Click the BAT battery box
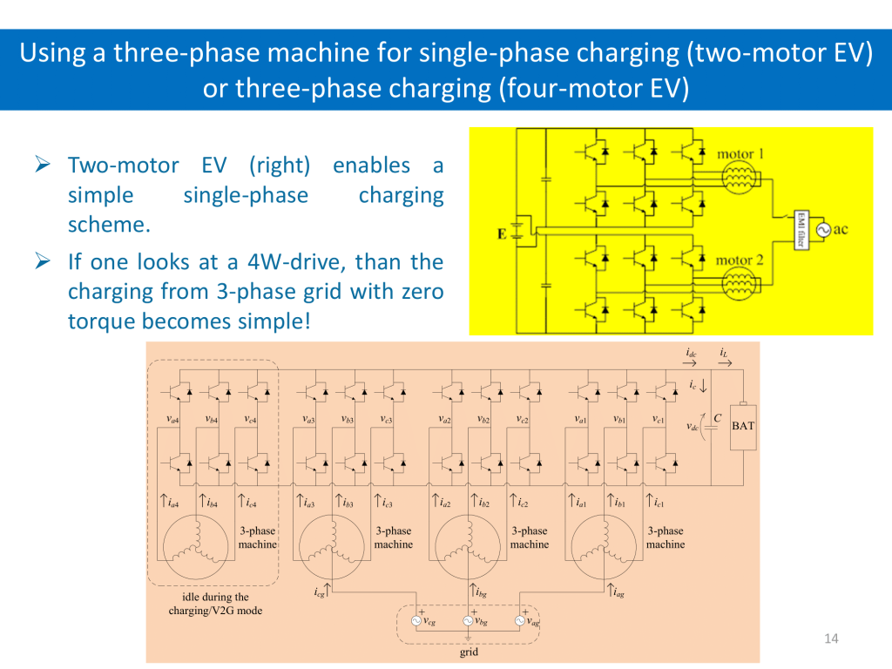(743, 426)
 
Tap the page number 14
(830, 640)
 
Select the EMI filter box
(798, 229)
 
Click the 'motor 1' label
(740, 154)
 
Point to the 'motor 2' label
(740, 260)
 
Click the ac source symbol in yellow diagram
(823, 229)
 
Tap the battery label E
(502, 233)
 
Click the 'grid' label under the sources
(469, 652)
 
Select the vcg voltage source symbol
(417, 621)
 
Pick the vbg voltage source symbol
(468, 621)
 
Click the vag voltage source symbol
(520, 621)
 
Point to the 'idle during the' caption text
(215, 598)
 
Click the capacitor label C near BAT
(717, 418)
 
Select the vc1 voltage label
(659, 419)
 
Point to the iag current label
(619, 593)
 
